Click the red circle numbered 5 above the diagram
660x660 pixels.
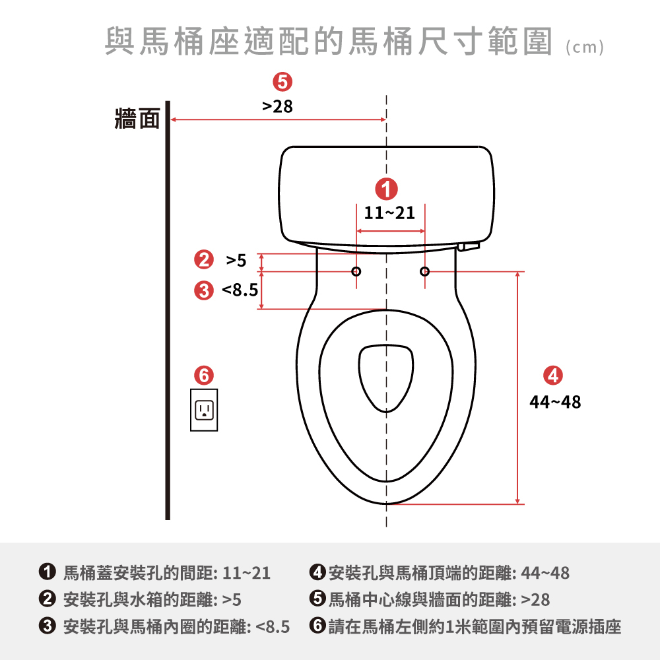coord(282,82)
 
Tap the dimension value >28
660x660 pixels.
coord(277,106)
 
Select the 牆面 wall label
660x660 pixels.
coord(137,119)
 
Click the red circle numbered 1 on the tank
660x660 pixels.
coord(386,188)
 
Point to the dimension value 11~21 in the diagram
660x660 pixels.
coord(390,213)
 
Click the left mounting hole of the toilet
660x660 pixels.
coord(356,271)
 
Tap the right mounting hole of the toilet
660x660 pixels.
coord(424,271)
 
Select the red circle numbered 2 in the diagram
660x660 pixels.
coord(204,261)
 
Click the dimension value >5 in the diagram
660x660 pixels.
coord(236,261)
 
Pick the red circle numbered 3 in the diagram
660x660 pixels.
coord(204,289)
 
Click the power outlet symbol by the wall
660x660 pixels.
coord(204,411)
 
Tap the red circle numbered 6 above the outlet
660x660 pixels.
coord(204,376)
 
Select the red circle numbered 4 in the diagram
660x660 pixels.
coord(552,375)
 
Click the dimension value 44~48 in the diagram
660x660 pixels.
coord(556,401)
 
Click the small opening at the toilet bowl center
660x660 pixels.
coord(386,377)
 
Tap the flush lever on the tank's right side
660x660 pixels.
coord(468,246)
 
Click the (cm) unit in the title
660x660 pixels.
coord(585,48)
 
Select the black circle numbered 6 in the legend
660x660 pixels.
coord(317,626)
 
